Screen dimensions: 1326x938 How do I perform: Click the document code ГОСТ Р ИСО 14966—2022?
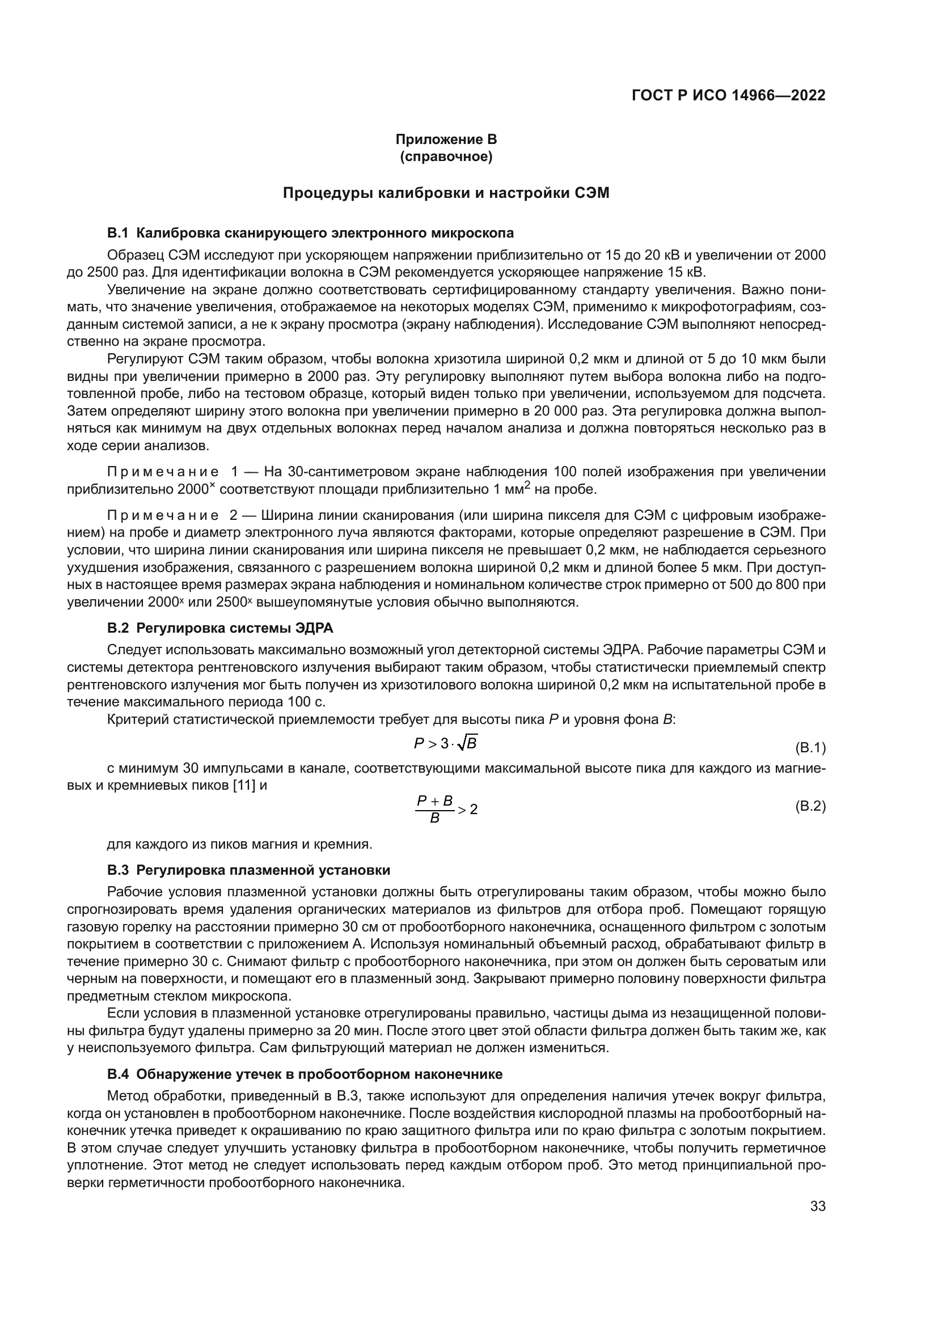pos(728,95)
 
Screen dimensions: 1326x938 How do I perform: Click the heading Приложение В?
pos(446,139)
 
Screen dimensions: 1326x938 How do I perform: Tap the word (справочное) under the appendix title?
pos(446,156)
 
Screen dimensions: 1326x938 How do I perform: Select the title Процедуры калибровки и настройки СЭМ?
pos(446,193)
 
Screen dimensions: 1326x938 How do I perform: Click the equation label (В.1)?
pos(810,748)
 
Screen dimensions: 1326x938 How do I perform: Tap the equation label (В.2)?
pos(810,806)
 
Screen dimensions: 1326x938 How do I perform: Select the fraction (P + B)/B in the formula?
pos(434,809)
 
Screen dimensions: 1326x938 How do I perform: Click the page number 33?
pos(818,1206)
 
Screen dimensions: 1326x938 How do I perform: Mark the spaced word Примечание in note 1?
pos(163,472)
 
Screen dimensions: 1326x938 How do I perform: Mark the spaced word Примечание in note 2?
pos(163,515)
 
